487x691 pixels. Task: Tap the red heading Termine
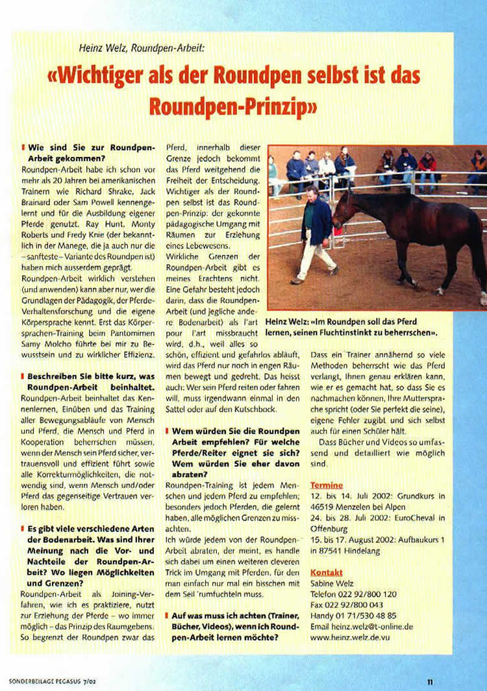[326, 485]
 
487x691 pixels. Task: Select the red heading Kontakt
[326, 572]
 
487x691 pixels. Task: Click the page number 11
[430, 681]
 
